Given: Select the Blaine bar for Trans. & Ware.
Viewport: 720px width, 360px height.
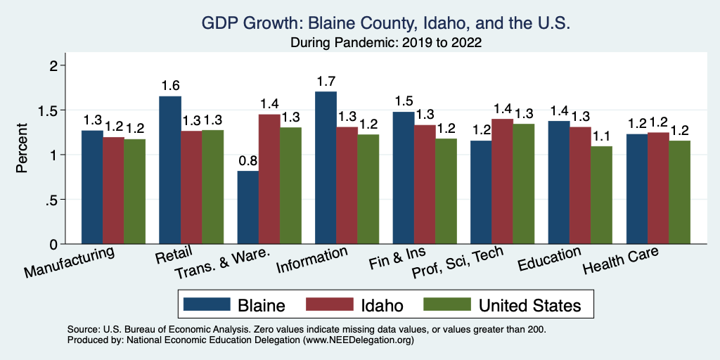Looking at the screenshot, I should pos(248,207).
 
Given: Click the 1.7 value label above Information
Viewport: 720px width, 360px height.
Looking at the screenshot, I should pos(326,81).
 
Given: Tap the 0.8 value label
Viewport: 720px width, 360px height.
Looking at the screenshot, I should pos(248,160).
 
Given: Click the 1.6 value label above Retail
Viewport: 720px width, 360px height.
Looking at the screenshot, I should pos(170,85).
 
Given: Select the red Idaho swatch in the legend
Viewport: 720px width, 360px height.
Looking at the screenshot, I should pos(328,304).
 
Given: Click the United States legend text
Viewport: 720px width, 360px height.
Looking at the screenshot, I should pos(529,305).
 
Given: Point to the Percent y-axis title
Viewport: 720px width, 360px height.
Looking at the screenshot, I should pos(22,148).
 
